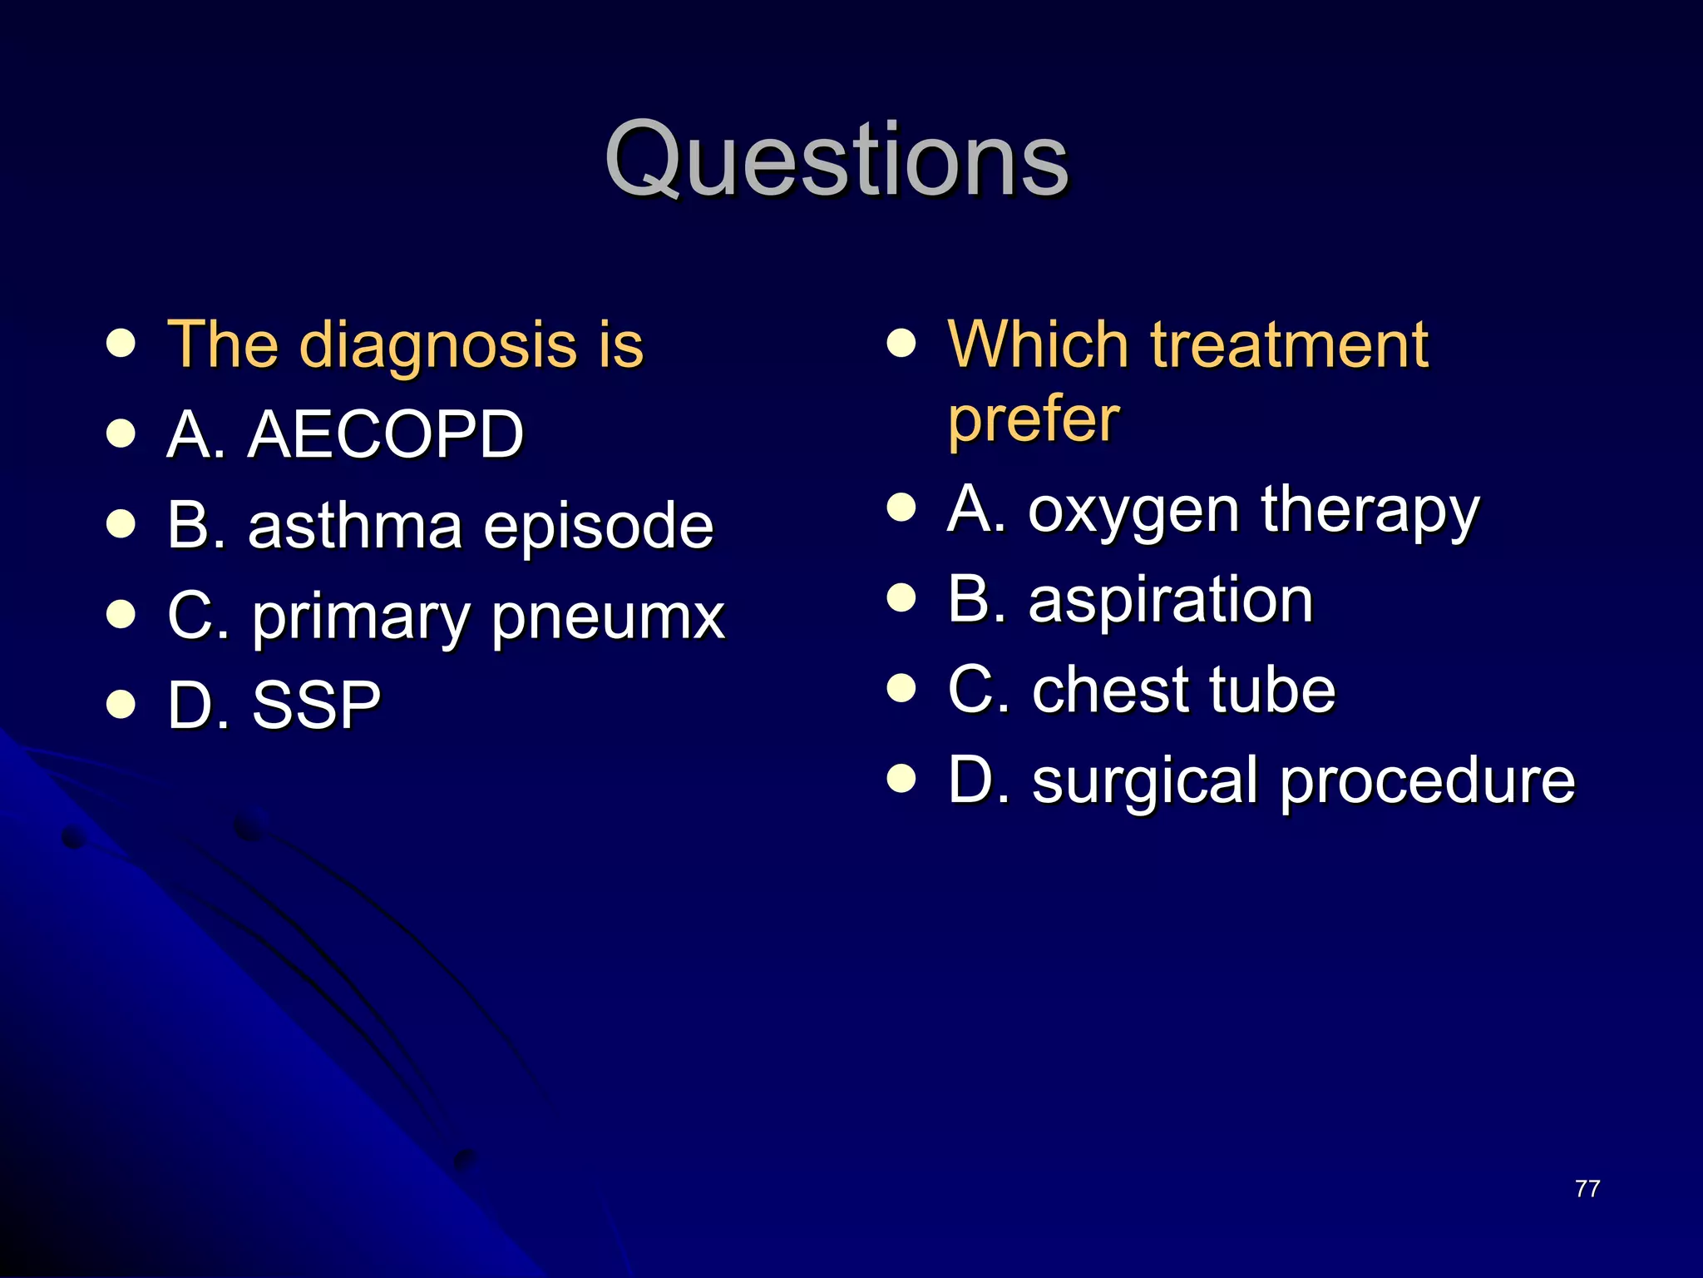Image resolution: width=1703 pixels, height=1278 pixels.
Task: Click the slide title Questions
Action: tap(836, 160)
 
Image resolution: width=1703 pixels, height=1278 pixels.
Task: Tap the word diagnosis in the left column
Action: tap(437, 345)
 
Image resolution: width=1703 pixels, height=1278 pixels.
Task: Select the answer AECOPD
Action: tap(385, 434)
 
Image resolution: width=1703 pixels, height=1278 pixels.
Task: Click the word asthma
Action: tap(355, 526)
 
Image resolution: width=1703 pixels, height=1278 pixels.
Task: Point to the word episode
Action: tap(598, 528)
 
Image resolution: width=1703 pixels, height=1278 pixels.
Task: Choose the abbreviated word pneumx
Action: tap(608, 618)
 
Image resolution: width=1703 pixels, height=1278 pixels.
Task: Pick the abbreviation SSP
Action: tap(316, 706)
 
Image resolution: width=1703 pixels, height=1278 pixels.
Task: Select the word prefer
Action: tap(1034, 419)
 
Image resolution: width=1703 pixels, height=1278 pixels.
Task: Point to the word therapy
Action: tap(1370, 511)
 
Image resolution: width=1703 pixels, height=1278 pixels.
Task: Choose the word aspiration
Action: tap(1171, 601)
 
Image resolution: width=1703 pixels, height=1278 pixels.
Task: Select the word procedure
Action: tap(1428, 782)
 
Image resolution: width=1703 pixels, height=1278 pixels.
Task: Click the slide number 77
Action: tap(1587, 1189)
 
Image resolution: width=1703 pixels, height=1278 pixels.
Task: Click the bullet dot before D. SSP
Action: tap(121, 704)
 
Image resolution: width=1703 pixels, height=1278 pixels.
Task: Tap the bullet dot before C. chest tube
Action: tap(901, 688)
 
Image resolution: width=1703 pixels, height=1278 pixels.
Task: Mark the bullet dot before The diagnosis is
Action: tap(121, 343)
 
